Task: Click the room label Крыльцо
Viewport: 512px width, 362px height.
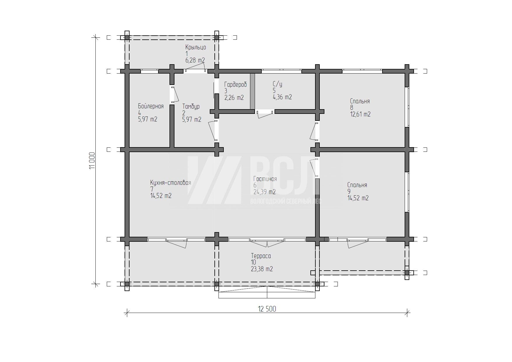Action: pyautogui.click(x=195, y=47)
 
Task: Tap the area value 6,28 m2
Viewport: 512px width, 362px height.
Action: pyautogui.click(x=195, y=60)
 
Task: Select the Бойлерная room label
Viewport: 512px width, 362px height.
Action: pyautogui.click(x=151, y=106)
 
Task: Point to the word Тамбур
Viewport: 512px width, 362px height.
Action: pyautogui.click(x=191, y=106)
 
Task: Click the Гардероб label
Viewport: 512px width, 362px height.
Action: pyautogui.click(x=235, y=85)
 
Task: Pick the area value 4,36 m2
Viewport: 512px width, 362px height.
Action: pyautogui.click(x=282, y=97)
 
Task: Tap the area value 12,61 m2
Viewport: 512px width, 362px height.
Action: pyautogui.click(x=360, y=114)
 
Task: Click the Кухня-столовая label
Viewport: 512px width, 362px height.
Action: pyautogui.click(x=171, y=183)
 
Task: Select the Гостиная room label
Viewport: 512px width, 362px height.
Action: pyautogui.click(x=265, y=179)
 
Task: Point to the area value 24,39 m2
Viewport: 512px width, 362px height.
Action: pyautogui.click(x=265, y=192)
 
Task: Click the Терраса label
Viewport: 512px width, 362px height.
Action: pyautogui.click(x=261, y=256)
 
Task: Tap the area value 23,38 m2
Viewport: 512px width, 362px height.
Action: pyautogui.click(x=262, y=269)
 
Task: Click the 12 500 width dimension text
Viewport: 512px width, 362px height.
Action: pyautogui.click(x=267, y=309)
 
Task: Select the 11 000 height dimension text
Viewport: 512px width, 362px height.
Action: pyautogui.click(x=92, y=160)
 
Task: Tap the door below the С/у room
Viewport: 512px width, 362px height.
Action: pyautogui.click(x=265, y=114)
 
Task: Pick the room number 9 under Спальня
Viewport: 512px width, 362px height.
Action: pyautogui.click(x=349, y=192)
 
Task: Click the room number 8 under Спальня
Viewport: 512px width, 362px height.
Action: pyautogui.click(x=352, y=108)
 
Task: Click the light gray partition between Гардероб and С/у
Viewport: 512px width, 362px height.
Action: pyautogui.click(x=253, y=91)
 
